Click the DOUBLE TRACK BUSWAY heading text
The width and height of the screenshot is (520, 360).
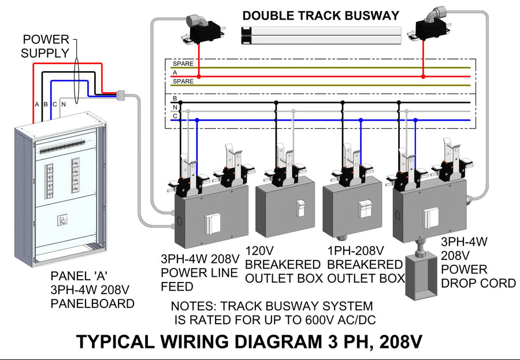point(321,16)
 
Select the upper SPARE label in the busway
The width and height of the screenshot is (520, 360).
point(183,63)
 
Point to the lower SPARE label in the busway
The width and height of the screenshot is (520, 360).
point(183,81)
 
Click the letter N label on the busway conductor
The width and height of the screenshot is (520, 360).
point(174,107)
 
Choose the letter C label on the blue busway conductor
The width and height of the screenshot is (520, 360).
point(174,116)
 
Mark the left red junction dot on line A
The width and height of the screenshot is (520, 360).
point(199,76)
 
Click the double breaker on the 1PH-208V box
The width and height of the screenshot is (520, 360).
point(365,209)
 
